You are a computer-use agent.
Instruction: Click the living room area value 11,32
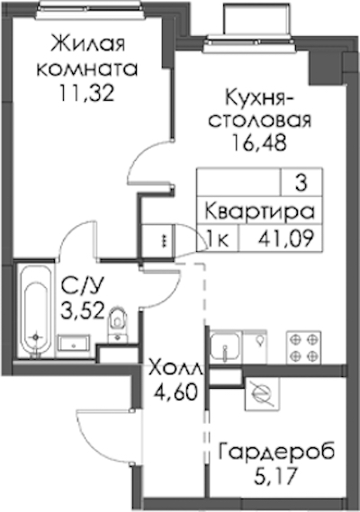coord(86,93)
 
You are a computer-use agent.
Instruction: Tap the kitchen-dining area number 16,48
coord(259,143)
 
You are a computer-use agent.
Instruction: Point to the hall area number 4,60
coord(176,391)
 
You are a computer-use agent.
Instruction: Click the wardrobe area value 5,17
coord(276,476)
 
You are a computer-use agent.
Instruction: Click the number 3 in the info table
coord(301,184)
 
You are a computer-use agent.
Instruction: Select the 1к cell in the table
coord(217,239)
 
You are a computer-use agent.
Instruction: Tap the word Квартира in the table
coord(260,211)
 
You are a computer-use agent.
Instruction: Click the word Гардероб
coord(276,452)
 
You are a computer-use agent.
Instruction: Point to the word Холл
coord(176,369)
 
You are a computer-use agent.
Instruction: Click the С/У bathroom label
coord(84,287)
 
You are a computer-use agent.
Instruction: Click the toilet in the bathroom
coord(118,324)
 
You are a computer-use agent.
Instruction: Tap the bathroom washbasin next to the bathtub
coord(73,345)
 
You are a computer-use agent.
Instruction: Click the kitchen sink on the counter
coord(225,346)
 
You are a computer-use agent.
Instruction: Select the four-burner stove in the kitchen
coord(303,347)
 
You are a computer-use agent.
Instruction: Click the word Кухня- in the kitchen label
coord(260,98)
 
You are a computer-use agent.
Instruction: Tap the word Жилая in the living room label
coord(88,43)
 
